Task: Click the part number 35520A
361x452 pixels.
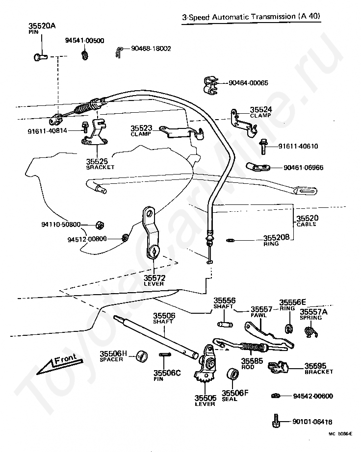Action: point(42,25)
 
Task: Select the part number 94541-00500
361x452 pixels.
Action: point(84,41)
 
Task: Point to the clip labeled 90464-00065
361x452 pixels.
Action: point(210,85)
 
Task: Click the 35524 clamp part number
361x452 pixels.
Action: point(260,109)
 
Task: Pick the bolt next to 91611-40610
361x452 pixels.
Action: point(263,147)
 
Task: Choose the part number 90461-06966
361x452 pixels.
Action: point(303,168)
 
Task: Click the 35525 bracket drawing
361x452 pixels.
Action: point(94,132)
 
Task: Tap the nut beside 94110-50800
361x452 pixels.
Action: point(100,225)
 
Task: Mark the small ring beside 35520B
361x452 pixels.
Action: point(230,240)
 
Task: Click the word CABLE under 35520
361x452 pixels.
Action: point(306,224)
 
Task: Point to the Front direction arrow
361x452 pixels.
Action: point(60,364)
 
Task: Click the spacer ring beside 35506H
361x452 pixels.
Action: point(142,356)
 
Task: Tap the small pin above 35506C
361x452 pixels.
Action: point(165,355)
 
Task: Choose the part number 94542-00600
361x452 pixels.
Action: point(313,396)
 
